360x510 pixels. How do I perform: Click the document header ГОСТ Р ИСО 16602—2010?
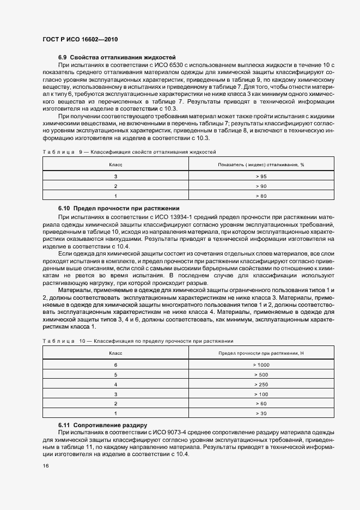pyautogui.click(x=80, y=39)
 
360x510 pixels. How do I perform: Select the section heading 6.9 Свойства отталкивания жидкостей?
pyautogui.click(x=117, y=57)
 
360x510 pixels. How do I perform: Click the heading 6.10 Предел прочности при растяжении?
pyautogui.click(x=119, y=209)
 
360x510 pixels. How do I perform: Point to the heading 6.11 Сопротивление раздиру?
pyautogui.click(x=102, y=424)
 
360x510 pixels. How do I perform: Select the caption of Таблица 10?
pyautogui.click(x=138, y=341)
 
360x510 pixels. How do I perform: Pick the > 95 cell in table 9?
pyautogui.click(x=261, y=177)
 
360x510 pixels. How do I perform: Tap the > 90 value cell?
pyautogui.click(x=261, y=186)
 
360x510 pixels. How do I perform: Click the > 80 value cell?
pyautogui.click(x=261, y=196)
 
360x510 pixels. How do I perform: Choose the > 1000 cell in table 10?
pyautogui.click(x=261, y=365)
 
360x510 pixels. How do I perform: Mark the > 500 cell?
pyautogui.click(x=261, y=374)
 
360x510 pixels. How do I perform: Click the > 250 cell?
pyautogui.click(x=261, y=384)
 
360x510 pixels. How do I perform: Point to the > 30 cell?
pyautogui.click(x=261, y=414)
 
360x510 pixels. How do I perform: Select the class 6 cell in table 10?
pyautogui.click(x=115, y=365)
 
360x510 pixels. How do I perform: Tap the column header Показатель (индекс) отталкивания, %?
pyautogui.click(x=261, y=164)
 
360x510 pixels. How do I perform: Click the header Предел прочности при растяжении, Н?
pyautogui.click(x=261, y=354)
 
